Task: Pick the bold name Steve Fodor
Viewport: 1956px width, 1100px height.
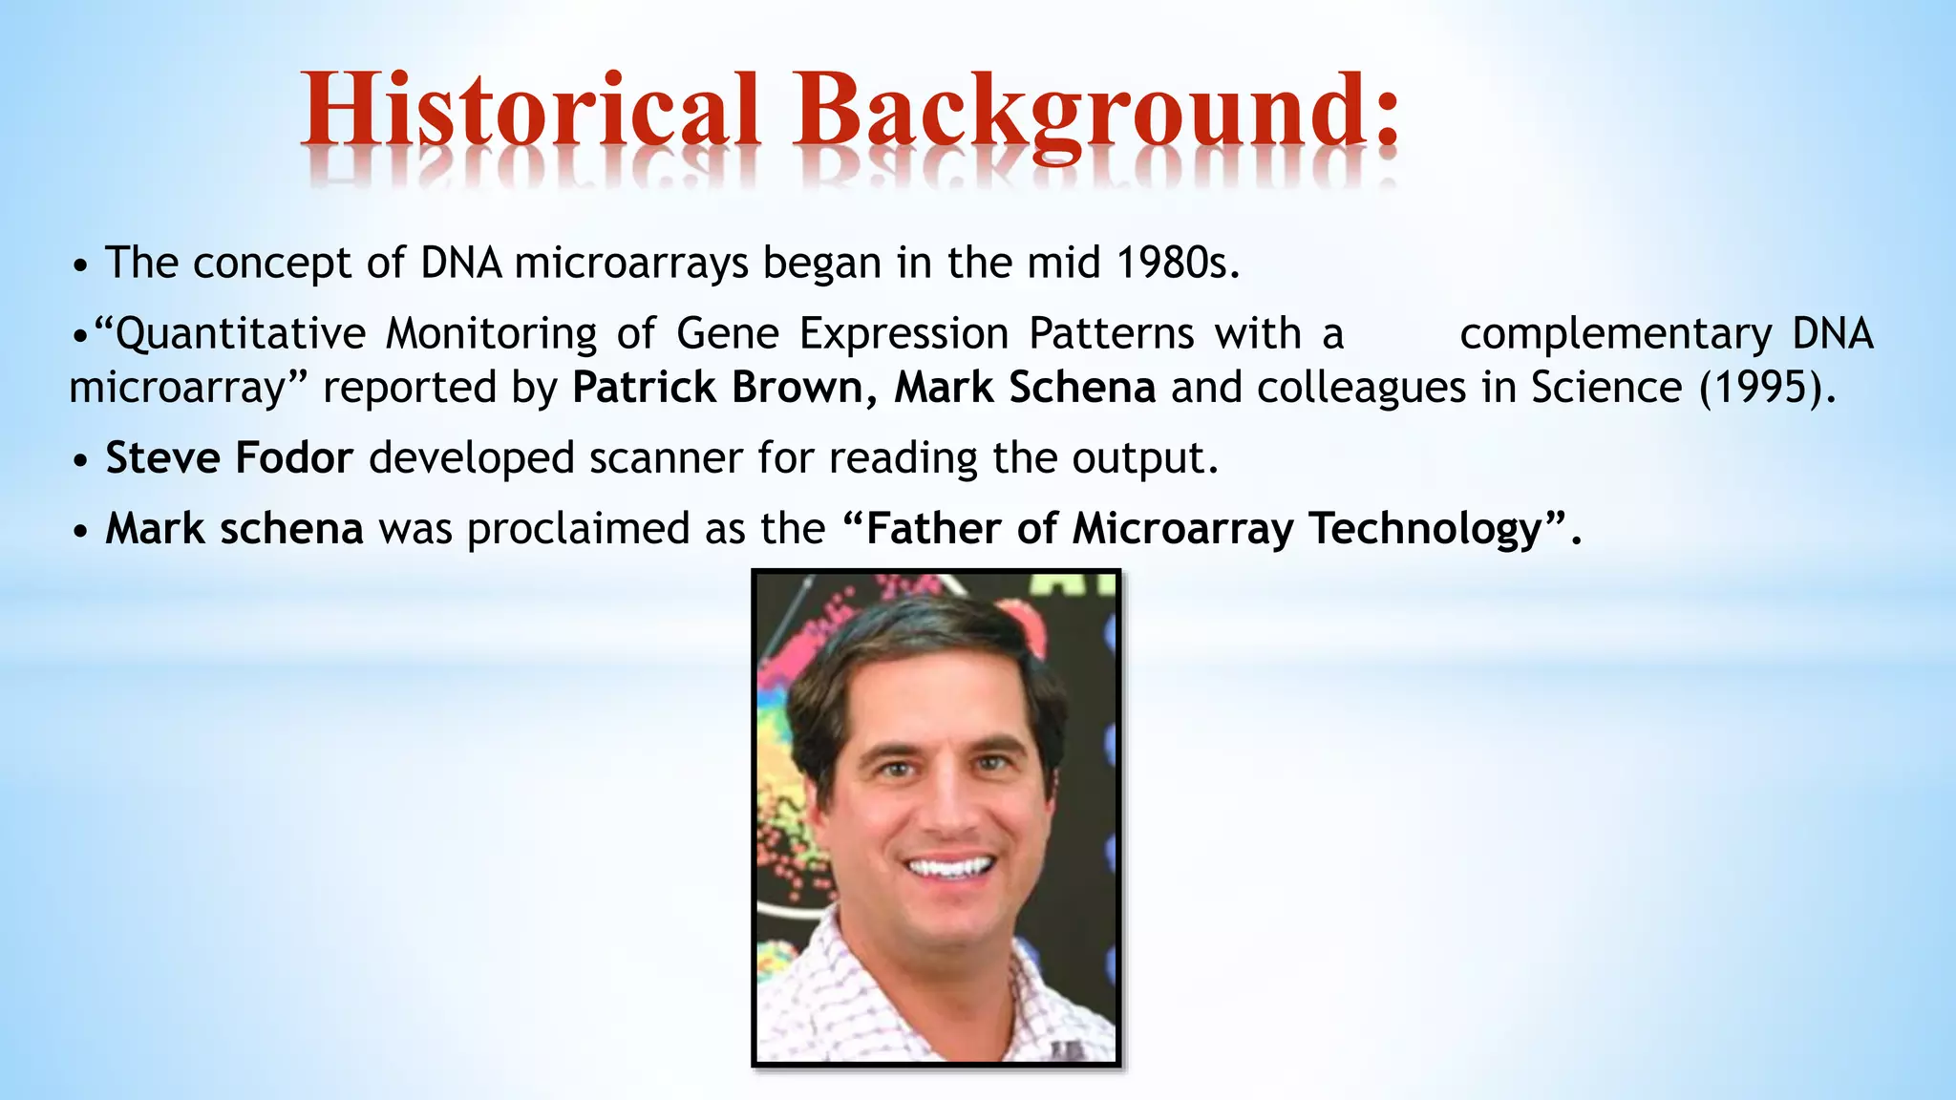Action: click(x=229, y=458)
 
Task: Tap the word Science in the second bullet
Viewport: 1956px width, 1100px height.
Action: click(x=1605, y=388)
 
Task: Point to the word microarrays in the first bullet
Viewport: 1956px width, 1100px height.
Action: click(x=631, y=263)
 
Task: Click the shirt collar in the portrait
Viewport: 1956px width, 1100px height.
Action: click(x=850, y=964)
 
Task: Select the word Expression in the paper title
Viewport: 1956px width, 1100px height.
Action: click(x=904, y=334)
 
